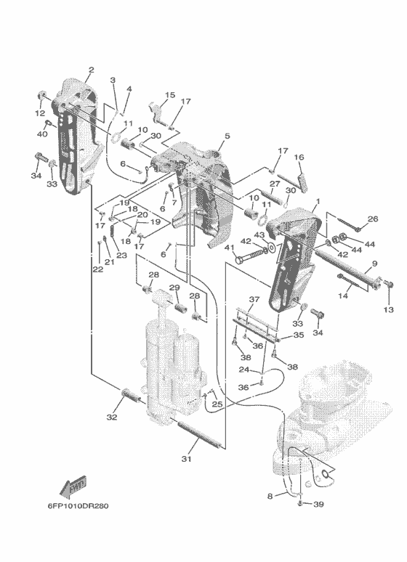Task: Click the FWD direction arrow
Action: pyautogui.click(x=73, y=486)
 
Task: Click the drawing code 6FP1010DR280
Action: pyautogui.click(x=78, y=506)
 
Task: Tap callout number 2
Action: pyautogui.click(x=91, y=70)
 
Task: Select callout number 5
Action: pyautogui.click(x=227, y=136)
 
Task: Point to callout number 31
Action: pyautogui.click(x=186, y=458)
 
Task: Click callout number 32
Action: pyautogui.click(x=112, y=417)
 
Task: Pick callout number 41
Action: pyautogui.click(x=230, y=248)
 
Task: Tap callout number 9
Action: pyautogui.click(x=374, y=264)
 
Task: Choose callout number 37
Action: pyautogui.click(x=254, y=299)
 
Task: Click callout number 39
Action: pyautogui.click(x=319, y=505)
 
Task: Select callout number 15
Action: pyautogui.click(x=170, y=95)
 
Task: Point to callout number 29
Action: pyautogui.click(x=174, y=288)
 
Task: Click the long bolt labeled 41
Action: pyautogui.click(x=252, y=254)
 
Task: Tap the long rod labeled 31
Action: pyautogui.click(x=199, y=435)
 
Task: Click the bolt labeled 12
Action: pyautogui.click(x=41, y=96)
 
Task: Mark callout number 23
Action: pyautogui.click(x=121, y=255)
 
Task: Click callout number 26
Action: pyautogui.click(x=373, y=219)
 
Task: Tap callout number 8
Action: pyautogui.click(x=270, y=497)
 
